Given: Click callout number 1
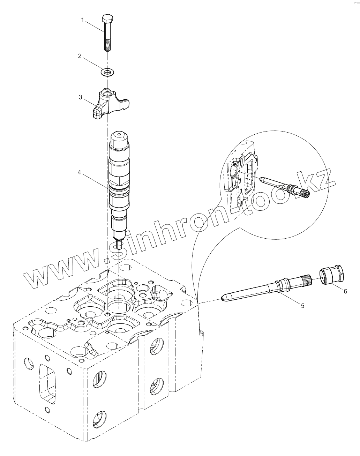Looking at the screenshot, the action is tap(83, 20).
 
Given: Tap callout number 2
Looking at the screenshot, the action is tap(80, 56).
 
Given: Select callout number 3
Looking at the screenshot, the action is tap(81, 97).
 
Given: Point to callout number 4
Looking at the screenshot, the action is tap(80, 172).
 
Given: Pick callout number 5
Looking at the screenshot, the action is tap(302, 305).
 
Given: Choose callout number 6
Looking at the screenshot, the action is tap(345, 291).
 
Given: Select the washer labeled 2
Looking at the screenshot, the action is tap(108, 72).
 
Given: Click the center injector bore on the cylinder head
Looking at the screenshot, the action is tap(119, 306).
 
